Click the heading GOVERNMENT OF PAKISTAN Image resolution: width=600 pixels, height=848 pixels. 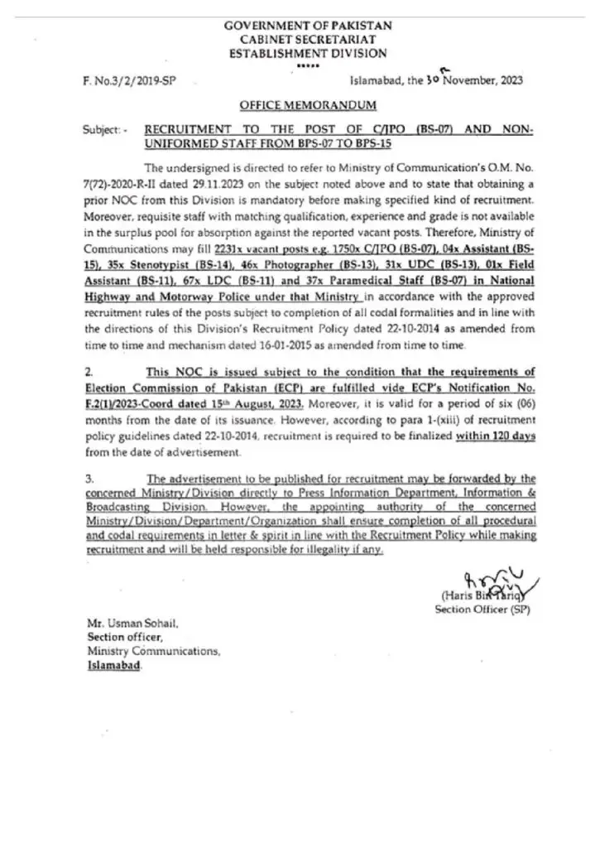(309, 26)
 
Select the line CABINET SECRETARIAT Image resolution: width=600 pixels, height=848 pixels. (308, 40)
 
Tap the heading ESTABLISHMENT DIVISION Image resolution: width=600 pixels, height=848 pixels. (308, 53)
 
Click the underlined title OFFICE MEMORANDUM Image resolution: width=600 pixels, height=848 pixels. (308, 105)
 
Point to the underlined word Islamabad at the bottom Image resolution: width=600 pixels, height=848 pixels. (114, 665)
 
